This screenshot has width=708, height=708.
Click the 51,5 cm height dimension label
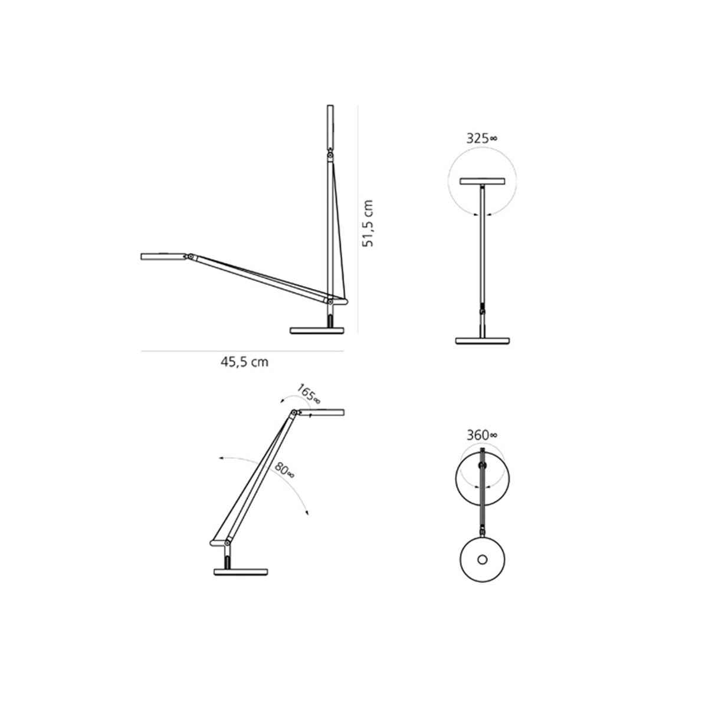coord(368,223)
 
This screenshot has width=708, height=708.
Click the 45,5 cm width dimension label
coord(244,362)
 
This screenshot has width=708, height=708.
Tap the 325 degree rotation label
coord(481,139)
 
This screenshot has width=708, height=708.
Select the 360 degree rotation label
coord(482,435)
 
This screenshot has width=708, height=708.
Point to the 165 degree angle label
coord(309,394)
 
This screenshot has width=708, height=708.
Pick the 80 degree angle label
coord(284,470)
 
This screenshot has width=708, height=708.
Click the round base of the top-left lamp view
coord(317,330)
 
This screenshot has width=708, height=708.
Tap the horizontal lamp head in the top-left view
coord(164,256)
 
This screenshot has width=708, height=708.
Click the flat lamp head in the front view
coord(482,182)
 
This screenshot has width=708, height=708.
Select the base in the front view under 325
coord(482,341)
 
